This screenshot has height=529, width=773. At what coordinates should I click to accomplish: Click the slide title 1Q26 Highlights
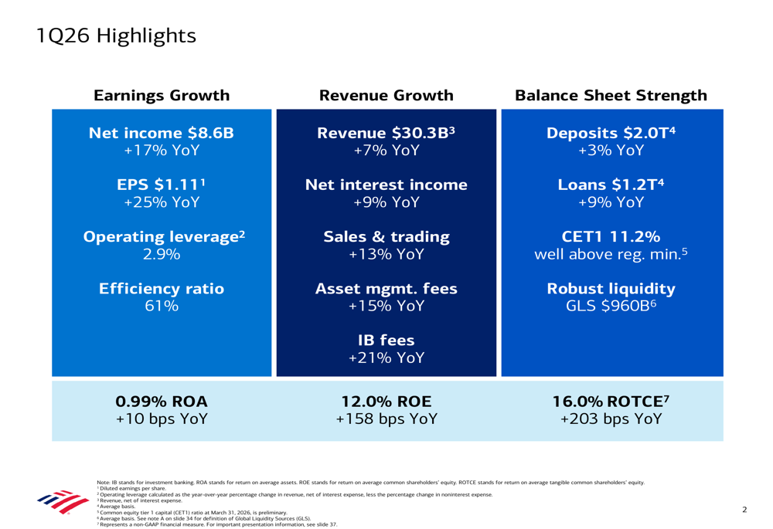(116, 36)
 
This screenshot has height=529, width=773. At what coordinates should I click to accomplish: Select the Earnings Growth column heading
(162, 96)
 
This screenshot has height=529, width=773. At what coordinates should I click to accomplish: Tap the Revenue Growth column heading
(386, 96)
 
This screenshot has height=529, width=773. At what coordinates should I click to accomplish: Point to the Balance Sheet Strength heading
(611, 96)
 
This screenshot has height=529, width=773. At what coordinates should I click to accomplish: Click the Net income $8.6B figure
(162, 133)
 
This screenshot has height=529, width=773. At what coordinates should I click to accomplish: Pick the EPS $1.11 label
(162, 185)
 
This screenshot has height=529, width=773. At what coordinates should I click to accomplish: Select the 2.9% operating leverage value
(162, 254)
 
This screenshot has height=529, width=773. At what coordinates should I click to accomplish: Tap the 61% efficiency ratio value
(162, 306)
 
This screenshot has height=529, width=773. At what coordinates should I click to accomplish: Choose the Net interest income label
(386, 185)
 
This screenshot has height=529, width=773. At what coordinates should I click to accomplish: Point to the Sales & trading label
(386, 237)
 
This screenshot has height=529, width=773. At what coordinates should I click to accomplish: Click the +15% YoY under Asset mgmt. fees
(386, 306)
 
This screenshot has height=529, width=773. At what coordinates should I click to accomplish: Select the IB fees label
(386, 341)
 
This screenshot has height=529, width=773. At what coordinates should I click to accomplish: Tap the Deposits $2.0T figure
(611, 133)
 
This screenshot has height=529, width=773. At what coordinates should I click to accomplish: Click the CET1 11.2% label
(611, 237)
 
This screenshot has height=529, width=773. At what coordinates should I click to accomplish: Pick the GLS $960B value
(611, 306)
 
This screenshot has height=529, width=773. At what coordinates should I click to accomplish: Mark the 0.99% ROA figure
(162, 402)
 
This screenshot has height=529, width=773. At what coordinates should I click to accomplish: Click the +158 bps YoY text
(386, 419)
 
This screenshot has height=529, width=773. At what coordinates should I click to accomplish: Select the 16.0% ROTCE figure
(611, 402)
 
